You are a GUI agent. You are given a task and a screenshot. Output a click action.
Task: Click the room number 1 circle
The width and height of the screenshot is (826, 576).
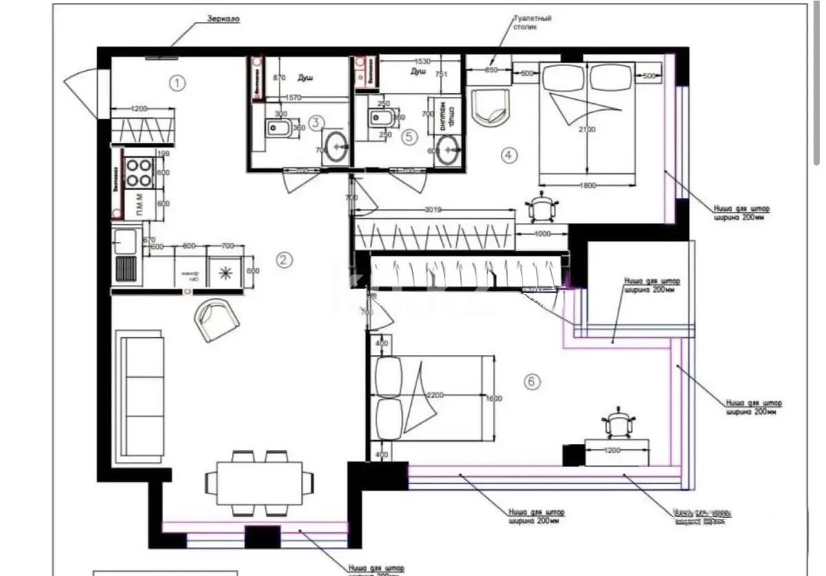tap(178, 84)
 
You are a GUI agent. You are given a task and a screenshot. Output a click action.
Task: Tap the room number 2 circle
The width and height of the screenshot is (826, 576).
tap(284, 259)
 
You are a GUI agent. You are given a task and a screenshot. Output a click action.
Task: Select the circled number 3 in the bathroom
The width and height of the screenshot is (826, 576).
tap(316, 123)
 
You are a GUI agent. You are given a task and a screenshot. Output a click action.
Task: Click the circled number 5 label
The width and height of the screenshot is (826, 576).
tap(410, 136)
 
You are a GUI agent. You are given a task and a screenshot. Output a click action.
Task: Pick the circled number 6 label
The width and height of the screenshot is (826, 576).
tap(532, 381)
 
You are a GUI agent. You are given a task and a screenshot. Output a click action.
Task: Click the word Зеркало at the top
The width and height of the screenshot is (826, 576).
tap(223, 20)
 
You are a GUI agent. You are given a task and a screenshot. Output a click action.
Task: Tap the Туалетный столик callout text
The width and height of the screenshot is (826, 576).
tap(533, 23)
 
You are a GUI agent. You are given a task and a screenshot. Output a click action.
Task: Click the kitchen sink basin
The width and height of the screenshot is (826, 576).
tap(126, 242)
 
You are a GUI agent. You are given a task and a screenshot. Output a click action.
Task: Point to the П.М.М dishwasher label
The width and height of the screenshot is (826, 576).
tap(139, 204)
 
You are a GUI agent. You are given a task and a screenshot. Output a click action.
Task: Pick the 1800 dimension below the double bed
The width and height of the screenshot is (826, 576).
tap(586, 184)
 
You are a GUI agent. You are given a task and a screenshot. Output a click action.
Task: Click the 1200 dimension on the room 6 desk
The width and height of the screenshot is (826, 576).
tap(613, 450)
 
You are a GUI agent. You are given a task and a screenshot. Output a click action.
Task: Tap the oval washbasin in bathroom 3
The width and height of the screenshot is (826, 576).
tap(337, 147)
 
